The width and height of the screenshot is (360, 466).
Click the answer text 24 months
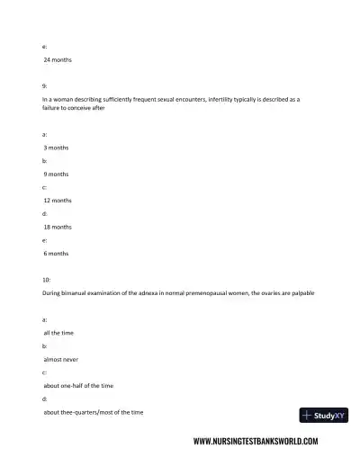pyautogui.click(x=58, y=60)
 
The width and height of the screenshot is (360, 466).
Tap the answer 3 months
pyautogui.click(x=56, y=147)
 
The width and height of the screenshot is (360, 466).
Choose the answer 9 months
pyautogui.click(x=56, y=173)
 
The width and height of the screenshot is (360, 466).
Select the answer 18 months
pyautogui.click(x=58, y=227)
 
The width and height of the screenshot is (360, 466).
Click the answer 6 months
pyautogui.click(x=56, y=254)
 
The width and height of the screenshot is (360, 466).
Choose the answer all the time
pyautogui.click(x=58, y=332)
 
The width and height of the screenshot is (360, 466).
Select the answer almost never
pyautogui.click(x=60, y=359)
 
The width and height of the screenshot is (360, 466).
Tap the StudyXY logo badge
pyautogui.click(x=323, y=416)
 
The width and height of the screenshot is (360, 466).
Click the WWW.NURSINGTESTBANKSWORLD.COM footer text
pyautogui.click(x=256, y=442)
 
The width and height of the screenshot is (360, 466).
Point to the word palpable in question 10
pyautogui.click(x=304, y=293)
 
